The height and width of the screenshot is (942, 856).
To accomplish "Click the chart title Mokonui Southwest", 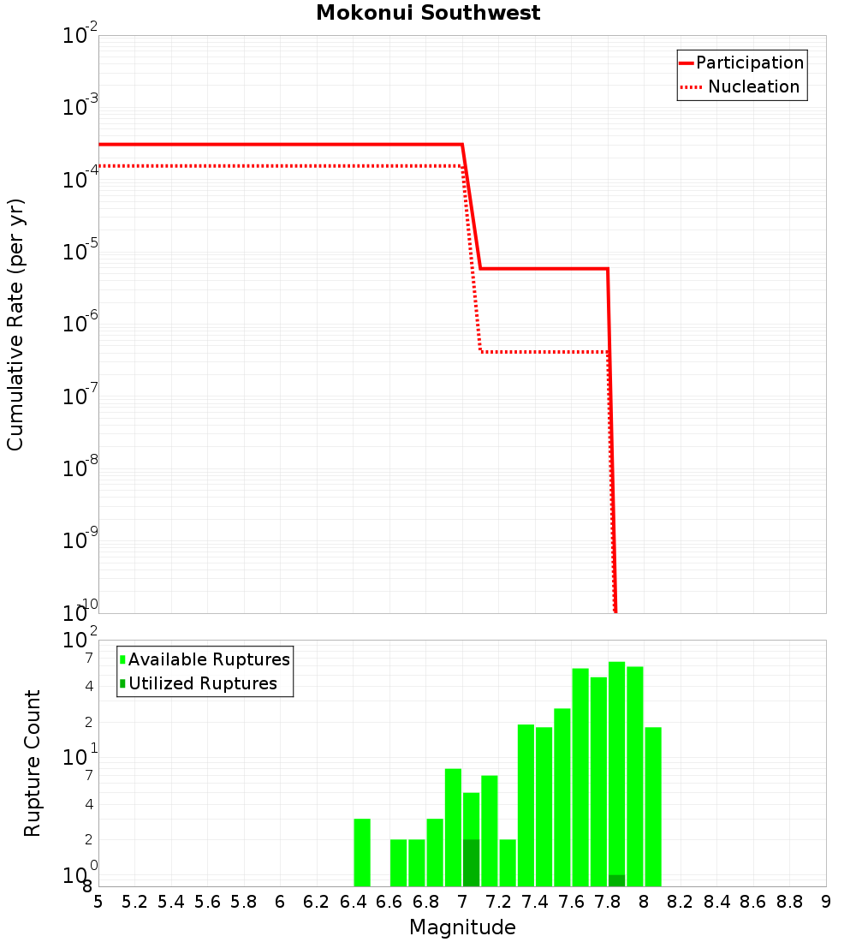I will pyautogui.click(x=428, y=13).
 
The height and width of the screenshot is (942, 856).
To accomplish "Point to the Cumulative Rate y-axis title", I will pyautogui.click(x=15, y=325).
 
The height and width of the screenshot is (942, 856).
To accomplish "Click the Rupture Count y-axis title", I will pyautogui.click(x=33, y=763).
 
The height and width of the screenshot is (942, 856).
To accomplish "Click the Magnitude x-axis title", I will pyautogui.click(x=462, y=927).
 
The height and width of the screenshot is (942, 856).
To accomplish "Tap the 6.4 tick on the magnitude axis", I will pyautogui.click(x=353, y=902).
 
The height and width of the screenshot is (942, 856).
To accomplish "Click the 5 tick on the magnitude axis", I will pyautogui.click(x=98, y=902).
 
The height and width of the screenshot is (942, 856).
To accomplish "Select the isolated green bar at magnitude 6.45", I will pyautogui.click(x=362, y=852).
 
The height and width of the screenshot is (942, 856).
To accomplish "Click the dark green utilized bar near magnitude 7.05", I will pyautogui.click(x=471, y=863).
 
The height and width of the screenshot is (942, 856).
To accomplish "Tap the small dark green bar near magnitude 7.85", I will pyautogui.click(x=616, y=881).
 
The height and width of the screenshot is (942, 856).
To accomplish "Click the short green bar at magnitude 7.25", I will pyautogui.click(x=508, y=862).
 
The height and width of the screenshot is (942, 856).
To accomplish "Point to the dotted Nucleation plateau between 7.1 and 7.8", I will pyautogui.click(x=544, y=352).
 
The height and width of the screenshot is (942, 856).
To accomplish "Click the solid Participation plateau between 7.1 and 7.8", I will pyautogui.click(x=544, y=269).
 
